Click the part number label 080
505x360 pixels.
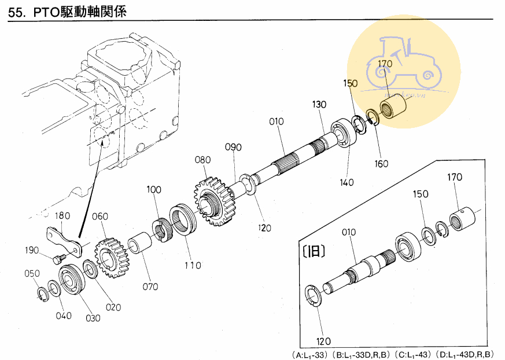pos(202,159)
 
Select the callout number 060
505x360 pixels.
pos(100,216)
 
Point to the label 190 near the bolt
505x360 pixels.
pos(32,250)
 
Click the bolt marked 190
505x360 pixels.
pos(58,260)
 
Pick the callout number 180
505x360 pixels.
pos(62,215)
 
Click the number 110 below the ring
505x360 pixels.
pos(193,265)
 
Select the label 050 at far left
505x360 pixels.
pos(32,273)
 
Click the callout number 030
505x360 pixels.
pos(93,317)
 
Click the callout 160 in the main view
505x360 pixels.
pos(381,163)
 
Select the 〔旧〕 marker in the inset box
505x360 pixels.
pos(313,251)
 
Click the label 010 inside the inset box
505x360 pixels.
pos(349,232)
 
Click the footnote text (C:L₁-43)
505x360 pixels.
pos(413,354)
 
